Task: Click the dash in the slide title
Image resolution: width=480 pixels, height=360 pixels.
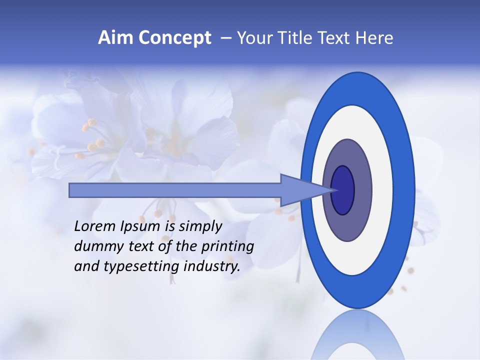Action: [x=225, y=38]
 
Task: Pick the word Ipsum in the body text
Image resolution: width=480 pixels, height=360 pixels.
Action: [x=141, y=226]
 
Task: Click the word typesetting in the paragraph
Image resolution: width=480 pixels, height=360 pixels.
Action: [x=142, y=266]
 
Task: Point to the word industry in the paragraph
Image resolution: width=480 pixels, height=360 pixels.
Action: [x=212, y=266]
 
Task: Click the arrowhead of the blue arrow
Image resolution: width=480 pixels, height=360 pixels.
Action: [x=300, y=190]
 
